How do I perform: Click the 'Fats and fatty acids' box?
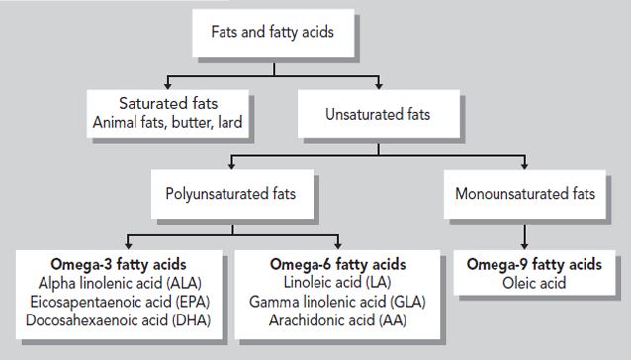(x=272, y=32)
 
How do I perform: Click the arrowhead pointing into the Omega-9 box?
(x=523, y=247)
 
